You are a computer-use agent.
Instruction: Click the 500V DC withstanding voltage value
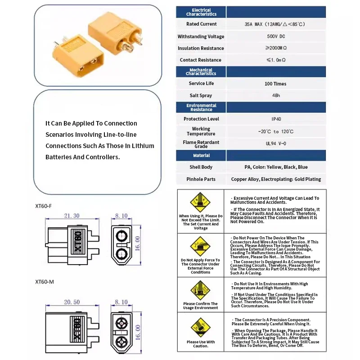point(275,36)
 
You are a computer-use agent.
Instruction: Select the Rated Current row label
point(201,24)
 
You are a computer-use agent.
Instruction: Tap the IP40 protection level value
point(276,119)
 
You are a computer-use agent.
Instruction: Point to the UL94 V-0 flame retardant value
point(276,144)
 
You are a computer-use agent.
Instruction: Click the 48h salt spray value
point(276,95)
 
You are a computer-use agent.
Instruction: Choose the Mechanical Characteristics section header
point(201,72)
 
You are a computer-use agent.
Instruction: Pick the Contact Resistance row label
point(201,60)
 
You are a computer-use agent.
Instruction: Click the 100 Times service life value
point(275,84)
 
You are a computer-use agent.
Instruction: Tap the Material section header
point(201,156)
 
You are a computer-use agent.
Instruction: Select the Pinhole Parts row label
point(201,179)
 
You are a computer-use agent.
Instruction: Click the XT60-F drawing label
point(44,206)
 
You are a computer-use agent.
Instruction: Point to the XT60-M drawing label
point(44,282)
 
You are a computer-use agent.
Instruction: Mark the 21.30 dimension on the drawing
point(72,216)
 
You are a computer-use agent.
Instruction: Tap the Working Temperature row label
point(201,131)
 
